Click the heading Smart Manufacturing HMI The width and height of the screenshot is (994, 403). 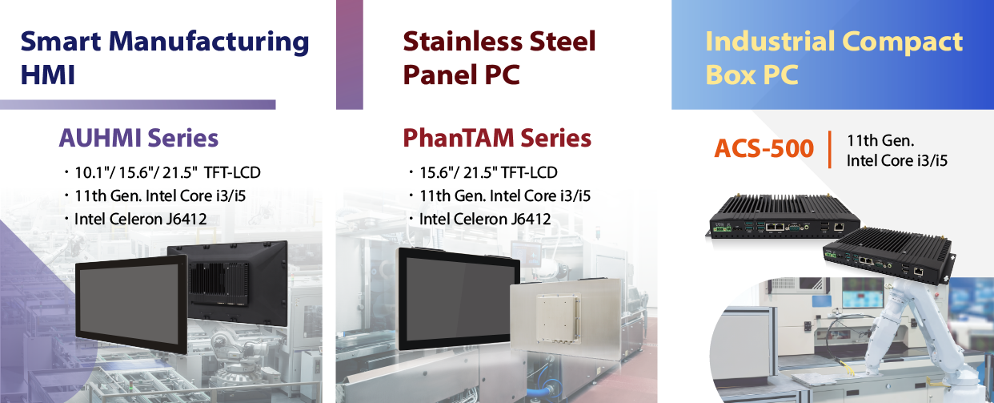(165, 58)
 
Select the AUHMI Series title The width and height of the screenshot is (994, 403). (138, 138)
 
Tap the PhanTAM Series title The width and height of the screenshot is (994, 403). (497, 138)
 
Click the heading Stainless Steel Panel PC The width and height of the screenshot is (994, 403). (499, 58)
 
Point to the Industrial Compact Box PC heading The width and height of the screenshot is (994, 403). (834, 58)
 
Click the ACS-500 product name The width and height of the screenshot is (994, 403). (764, 148)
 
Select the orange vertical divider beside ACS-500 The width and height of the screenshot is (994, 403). (829, 150)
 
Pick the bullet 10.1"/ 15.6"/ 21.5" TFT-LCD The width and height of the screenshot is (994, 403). (162, 172)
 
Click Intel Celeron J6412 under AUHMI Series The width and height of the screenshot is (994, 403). (135, 219)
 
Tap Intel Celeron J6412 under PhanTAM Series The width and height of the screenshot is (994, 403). (480, 219)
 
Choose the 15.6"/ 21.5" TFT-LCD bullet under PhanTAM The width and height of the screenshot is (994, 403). (483, 172)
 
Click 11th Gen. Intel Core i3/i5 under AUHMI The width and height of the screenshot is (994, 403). (155, 196)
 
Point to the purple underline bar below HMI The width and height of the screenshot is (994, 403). (138, 104)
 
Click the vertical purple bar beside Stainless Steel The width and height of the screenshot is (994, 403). (349, 54)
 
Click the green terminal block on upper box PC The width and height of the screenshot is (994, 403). (722, 228)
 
